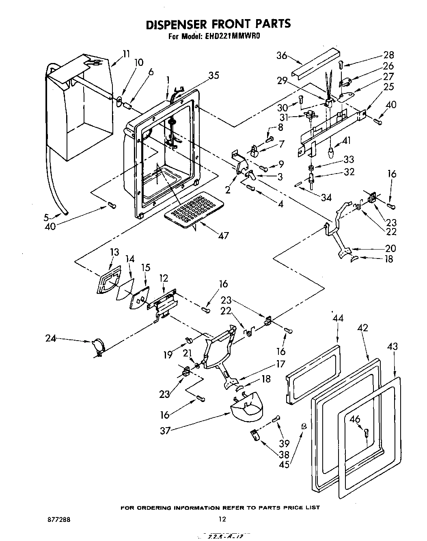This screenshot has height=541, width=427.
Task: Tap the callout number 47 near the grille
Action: click(223, 235)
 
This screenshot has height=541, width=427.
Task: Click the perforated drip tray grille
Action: click(194, 210)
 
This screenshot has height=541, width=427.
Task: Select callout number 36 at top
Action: click(282, 56)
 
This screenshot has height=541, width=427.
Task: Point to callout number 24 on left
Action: click(51, 337)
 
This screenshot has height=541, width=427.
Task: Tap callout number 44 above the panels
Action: click(338, 318)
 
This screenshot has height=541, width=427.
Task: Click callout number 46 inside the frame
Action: click(355, 419)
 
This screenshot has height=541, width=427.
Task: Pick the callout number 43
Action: click(392, 346)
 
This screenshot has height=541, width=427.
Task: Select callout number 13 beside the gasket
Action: click(114, 252)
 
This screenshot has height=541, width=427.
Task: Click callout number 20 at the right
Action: click(390, 248)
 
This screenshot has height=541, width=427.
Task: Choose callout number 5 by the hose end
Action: click(47, 217)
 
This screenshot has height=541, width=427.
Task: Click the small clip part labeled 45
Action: click(303, 426)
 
